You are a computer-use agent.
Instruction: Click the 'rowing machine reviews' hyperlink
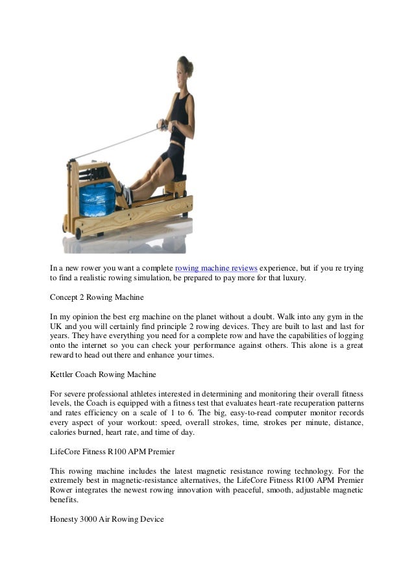[217, 267]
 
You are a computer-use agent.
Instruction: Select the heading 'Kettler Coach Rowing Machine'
[103, 374]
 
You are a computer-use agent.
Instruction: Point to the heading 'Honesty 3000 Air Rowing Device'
[107, 520]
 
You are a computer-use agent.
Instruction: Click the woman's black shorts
[173, 154]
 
